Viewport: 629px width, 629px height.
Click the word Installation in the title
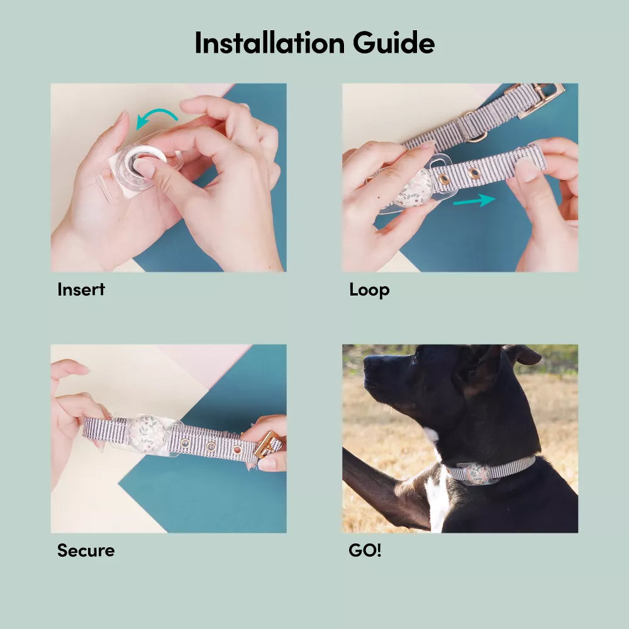coord(269,43)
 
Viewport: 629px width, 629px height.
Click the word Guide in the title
coord(394,43)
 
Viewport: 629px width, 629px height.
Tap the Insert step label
coord(81,290)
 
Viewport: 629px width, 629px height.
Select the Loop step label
coord(369,290)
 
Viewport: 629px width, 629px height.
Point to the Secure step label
coord(86,551)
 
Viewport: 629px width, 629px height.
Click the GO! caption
coord(365,551)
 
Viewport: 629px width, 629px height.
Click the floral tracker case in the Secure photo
coord(147,433)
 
